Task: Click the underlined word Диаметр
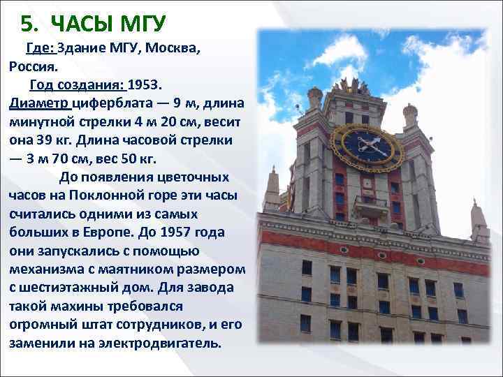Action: [x=40, y=103]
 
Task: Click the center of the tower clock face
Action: [x=367, y=146]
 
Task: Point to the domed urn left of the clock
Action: [x=315, y=96]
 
